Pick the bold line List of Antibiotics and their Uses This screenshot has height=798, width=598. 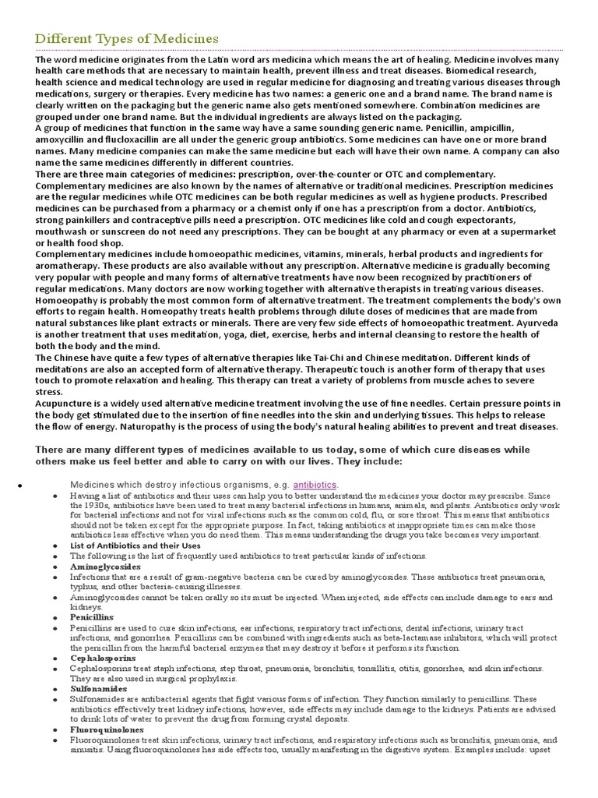click(135, 546)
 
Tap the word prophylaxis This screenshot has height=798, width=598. click(191, 679)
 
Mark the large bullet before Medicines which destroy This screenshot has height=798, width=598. click(19, 485)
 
